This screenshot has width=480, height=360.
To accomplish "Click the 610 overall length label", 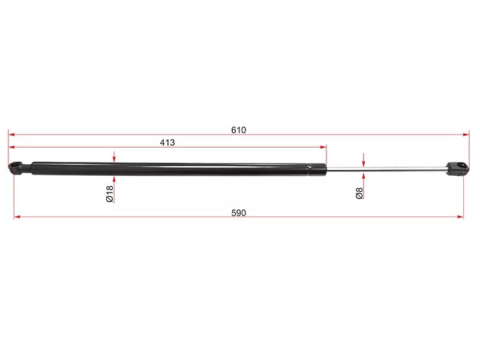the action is tap(238, 130).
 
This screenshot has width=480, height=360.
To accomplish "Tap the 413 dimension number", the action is tap(167, 142).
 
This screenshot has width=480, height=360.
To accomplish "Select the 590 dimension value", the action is tap(238, 213).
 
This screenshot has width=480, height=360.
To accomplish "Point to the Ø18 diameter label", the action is tap(110, 194).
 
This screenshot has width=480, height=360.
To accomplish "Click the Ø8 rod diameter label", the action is tap(359, 193).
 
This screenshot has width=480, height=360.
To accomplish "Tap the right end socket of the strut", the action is tap(457, 169).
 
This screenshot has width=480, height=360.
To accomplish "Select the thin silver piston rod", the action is tap(386, 168).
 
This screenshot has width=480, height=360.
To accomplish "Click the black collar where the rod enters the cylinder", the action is tap(317, 170).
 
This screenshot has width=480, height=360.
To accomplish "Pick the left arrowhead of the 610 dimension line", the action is tap(11, 134).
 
